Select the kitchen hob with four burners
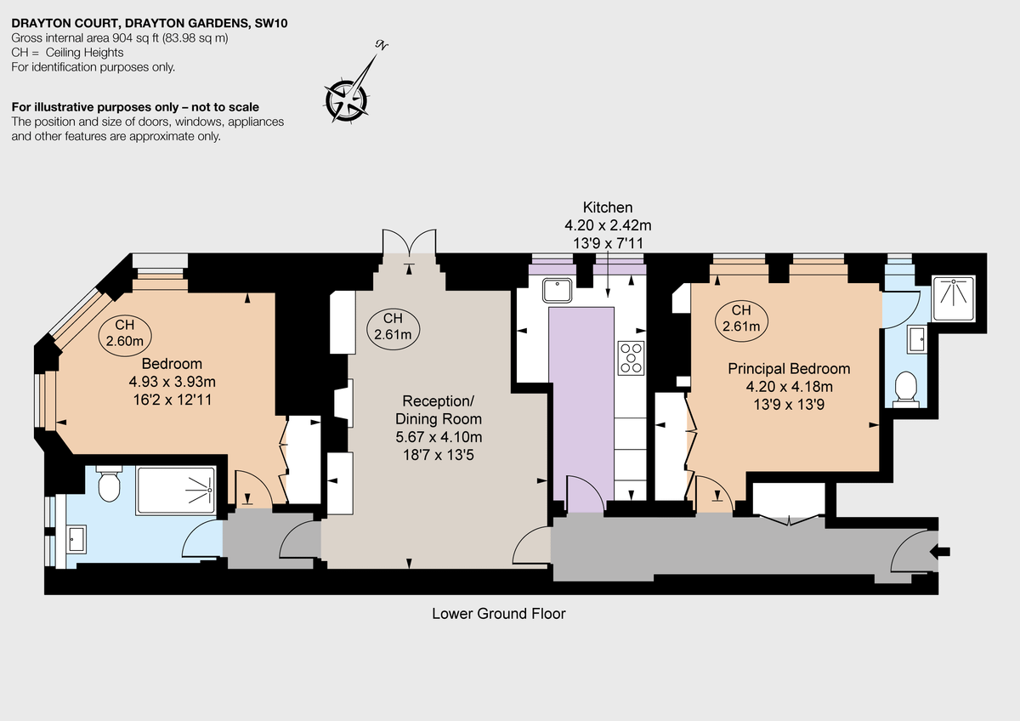[x=631, y=357]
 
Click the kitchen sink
[x=557, y=291]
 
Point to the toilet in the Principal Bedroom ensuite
[x=907, y=388]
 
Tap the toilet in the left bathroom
[x=109, y=485]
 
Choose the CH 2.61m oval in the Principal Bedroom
[x=741, y=318]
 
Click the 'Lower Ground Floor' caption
[x=498, y=613]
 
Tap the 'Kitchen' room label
[x=607, y=207]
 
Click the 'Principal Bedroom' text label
[x=789, y=369]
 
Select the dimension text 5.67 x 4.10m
[x=439, y=437]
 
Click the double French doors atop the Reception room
[x=411, y=242]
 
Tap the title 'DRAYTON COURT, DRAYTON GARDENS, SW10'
[x=149, y=24]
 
